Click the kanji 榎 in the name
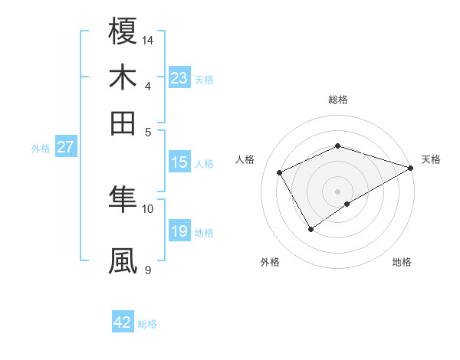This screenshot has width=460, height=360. [x=123, y=31]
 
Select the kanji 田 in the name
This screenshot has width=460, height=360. [x=123, y=123]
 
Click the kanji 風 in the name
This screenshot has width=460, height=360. [x=123, y=260]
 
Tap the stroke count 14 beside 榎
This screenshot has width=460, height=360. [x=148, y=40]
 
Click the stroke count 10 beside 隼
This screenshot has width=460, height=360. [x=148, y=208]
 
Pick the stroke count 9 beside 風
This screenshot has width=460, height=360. [x=148, y=270]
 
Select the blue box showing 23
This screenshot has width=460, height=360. [x=179, y=78]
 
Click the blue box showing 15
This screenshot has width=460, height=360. [x=179, y=162]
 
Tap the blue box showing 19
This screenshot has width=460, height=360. [x=179, y=231]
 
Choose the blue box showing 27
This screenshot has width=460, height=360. [x=65, y=147]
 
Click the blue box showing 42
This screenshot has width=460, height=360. [x=122, y=322]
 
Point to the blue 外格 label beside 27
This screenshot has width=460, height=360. [x=41, y=149]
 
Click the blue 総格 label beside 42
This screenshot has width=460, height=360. [x=147, y=324]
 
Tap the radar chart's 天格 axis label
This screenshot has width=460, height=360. [x=431, y=159]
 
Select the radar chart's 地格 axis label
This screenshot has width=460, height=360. [x=402, y=263]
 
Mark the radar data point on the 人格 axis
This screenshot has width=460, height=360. [x=280, y=173]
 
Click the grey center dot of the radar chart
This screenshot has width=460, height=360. [x=337, y=191]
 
